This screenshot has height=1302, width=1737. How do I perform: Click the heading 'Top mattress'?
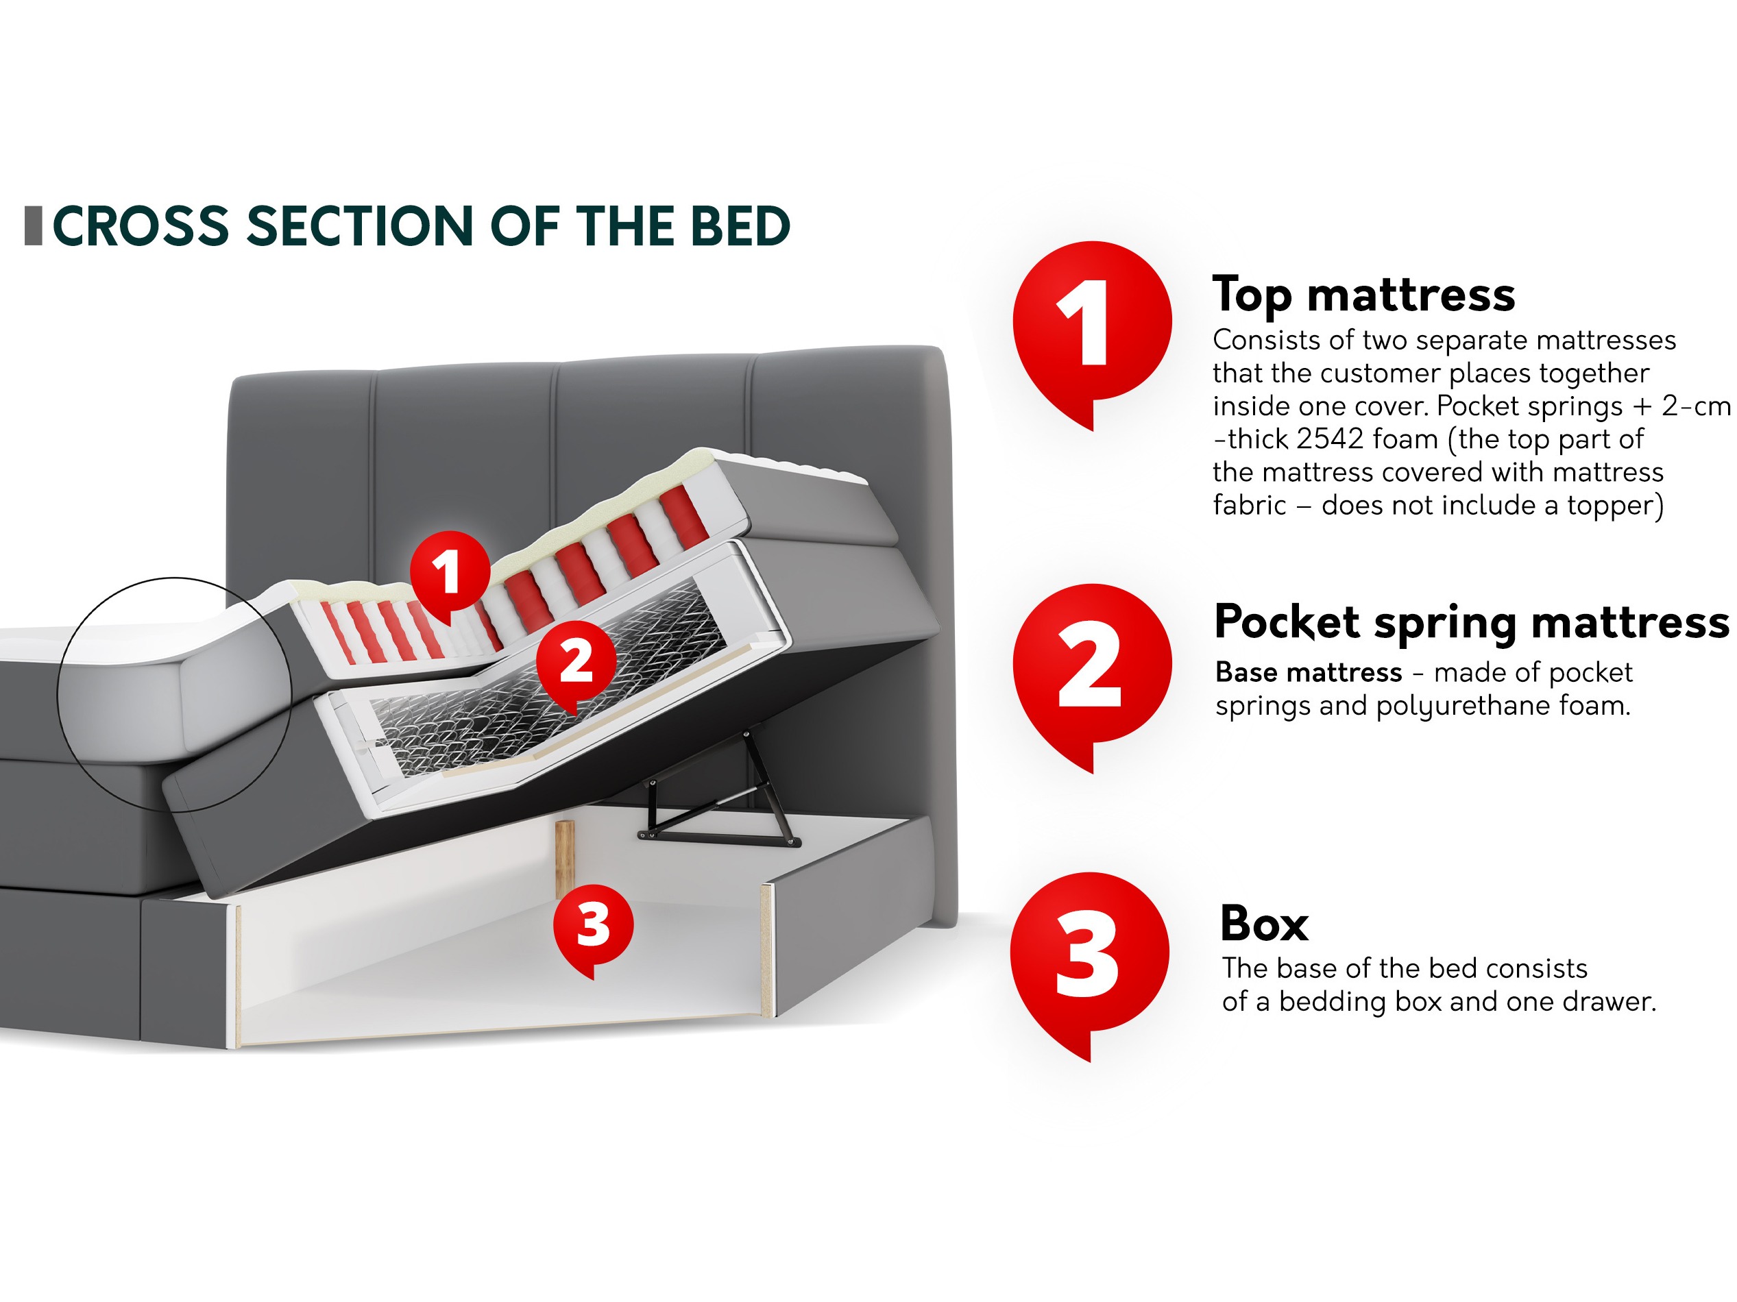click(x=1363, y=295)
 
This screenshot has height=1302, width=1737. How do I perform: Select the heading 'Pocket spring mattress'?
click(x=1472, y=622)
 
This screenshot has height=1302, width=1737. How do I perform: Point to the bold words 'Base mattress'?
click(x=1309, y=672)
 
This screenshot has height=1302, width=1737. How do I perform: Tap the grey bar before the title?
click(x=33, y=226)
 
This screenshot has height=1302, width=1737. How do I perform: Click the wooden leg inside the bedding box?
click(x=565, y=859)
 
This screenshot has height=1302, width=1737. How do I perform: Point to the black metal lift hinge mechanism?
click(x=718, y=793)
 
